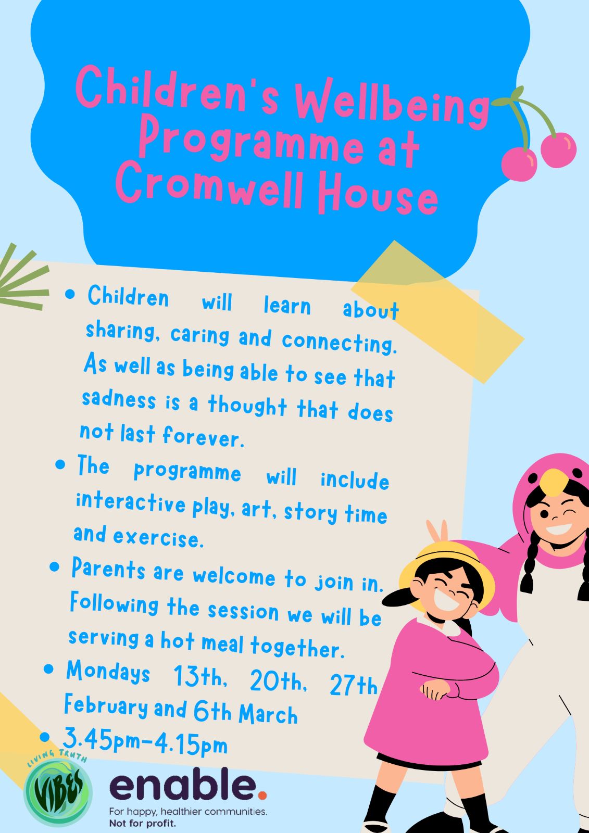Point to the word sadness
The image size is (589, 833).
[x=119, y=399]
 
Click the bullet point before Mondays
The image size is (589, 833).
[x=49, y=670]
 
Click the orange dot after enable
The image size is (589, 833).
[x=262, y=796]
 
